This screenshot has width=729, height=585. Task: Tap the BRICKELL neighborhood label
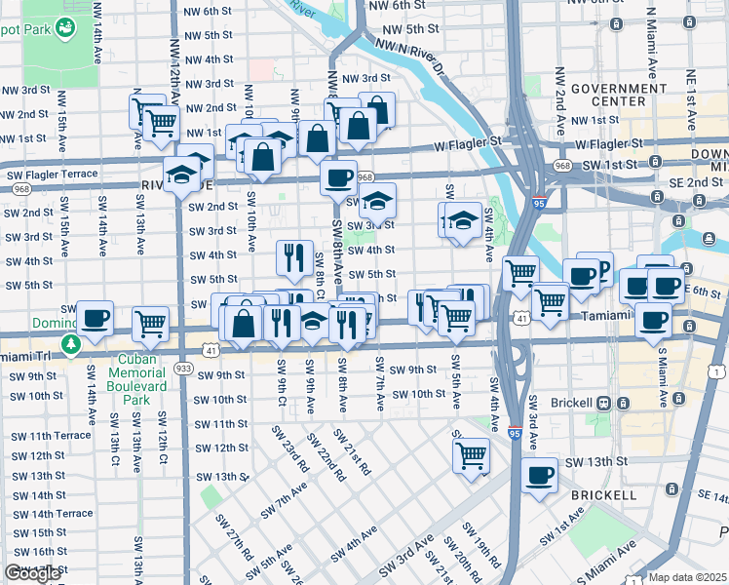click(604, 495)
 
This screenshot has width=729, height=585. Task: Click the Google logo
click(32, 573)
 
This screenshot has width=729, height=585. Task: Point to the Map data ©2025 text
click(687, 577)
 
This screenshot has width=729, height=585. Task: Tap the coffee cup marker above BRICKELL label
click(539, 476)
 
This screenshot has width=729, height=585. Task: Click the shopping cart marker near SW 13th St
click(471, 454)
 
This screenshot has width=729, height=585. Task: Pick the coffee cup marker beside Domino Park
click(96, 318)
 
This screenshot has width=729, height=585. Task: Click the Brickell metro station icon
click(604, 403)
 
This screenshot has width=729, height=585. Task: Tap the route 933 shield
click(182, 369)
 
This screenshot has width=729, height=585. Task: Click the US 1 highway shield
click(718, 371)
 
